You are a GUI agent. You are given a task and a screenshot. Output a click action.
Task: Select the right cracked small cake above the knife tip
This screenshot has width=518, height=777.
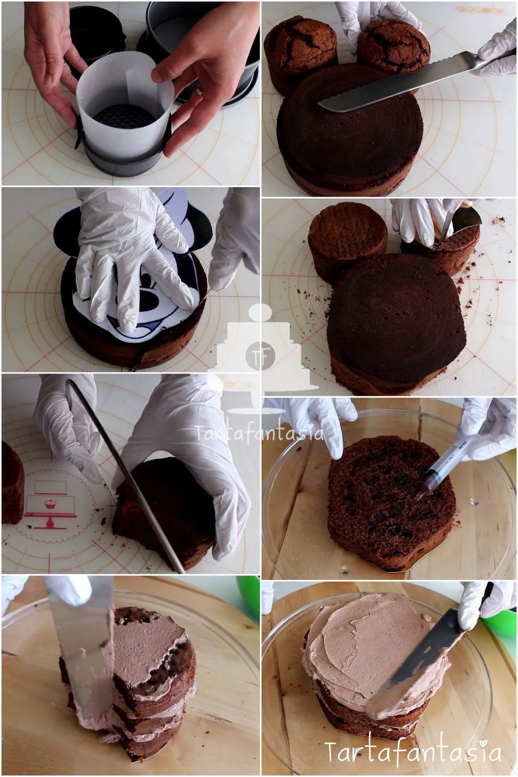coord(393,46)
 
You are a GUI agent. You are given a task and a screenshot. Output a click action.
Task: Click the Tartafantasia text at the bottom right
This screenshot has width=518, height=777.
coord(413,752)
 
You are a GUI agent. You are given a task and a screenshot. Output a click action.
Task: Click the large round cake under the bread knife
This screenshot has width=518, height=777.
coord(350,131)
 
